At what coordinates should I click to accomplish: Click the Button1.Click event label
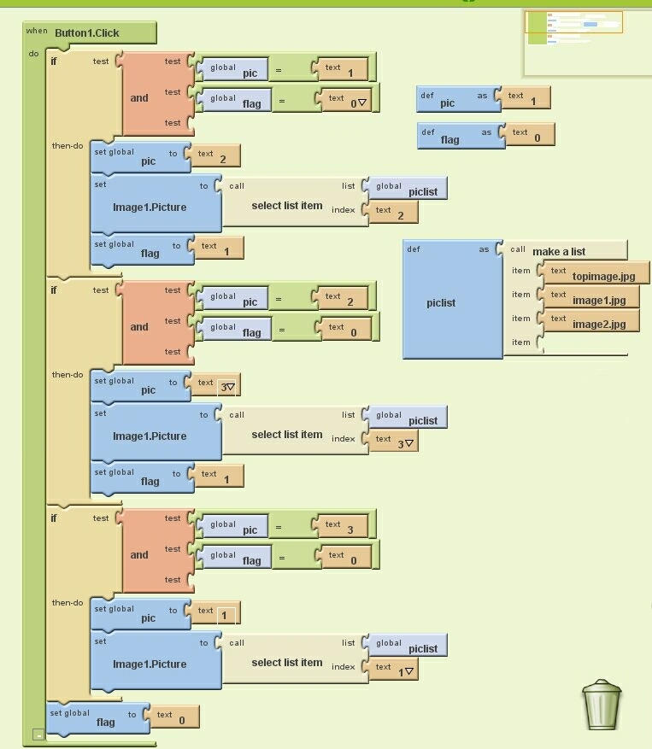[87, 33]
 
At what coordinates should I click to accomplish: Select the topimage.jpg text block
[596, 274]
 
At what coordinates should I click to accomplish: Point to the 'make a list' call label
[559, 251]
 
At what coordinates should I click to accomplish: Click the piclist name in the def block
[441, 303]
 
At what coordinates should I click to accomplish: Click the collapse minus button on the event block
[38, 734]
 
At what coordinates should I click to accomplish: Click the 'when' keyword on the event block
[37, 31]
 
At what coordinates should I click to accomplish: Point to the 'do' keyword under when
[34, 54]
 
